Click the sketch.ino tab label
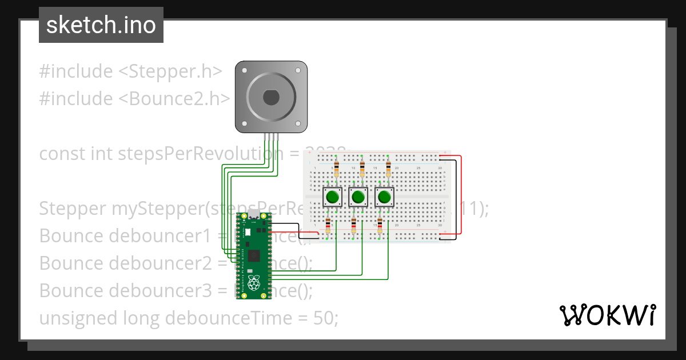(101, 25)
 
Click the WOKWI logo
(607, 315)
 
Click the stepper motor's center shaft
(271, 98)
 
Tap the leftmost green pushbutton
(332, 198)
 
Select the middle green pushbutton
(358, 198)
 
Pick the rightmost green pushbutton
(385, 198)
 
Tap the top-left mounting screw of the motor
(245, 70)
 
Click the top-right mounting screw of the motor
(297, 70)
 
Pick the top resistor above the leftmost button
(336, 168)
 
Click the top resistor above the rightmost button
(389, 168)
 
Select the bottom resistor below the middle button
(354, 227)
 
